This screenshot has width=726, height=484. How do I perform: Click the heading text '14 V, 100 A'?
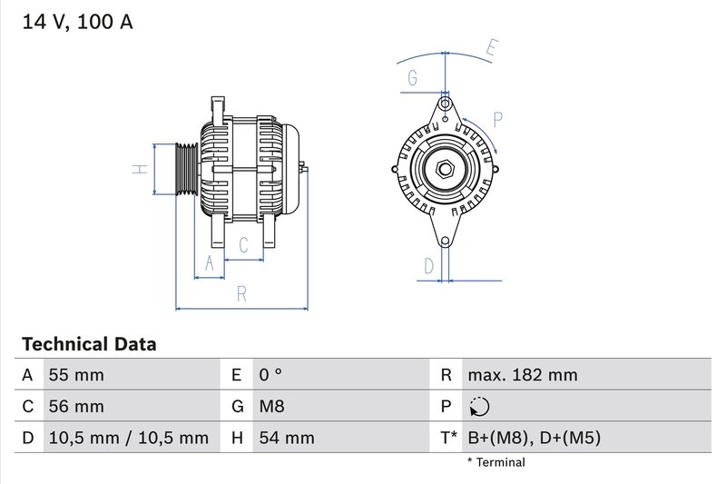(x=77, y=22)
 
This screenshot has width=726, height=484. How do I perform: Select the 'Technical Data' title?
(x=89, y=344)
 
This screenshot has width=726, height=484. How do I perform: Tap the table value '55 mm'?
(x=75, y=375)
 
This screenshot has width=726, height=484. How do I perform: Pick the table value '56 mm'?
(x=75, y=407)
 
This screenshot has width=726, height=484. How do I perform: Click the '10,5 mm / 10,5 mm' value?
(x=127, y=438)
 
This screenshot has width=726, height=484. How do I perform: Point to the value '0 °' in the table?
(x=271, y=375)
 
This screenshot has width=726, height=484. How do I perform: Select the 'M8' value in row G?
(x=272, y=407)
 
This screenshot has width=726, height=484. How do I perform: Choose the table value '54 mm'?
(x=287, y=438)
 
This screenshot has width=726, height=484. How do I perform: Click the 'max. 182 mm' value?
(x=522, y=375)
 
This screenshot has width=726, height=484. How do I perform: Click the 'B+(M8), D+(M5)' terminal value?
(x=534, y=438)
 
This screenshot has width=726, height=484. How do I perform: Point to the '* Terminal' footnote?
(x=495, y=462)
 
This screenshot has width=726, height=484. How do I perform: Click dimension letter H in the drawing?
(x=139, y=169)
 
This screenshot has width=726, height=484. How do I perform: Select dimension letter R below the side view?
(x=241, y=293)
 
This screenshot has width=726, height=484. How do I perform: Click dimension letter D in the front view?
(x=429, y=265)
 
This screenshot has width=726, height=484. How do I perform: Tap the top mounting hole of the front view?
(x=445, y=103)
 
